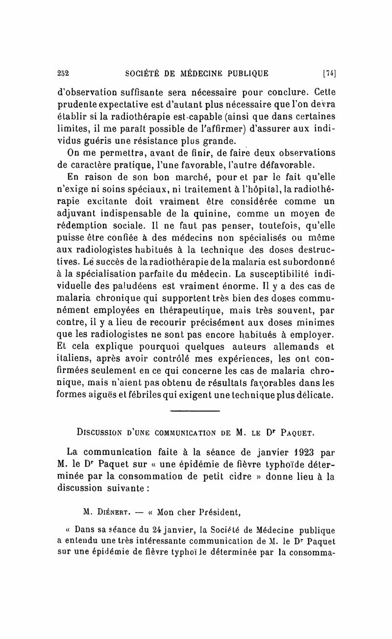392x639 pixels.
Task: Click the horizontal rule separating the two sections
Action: pos(196,409)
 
